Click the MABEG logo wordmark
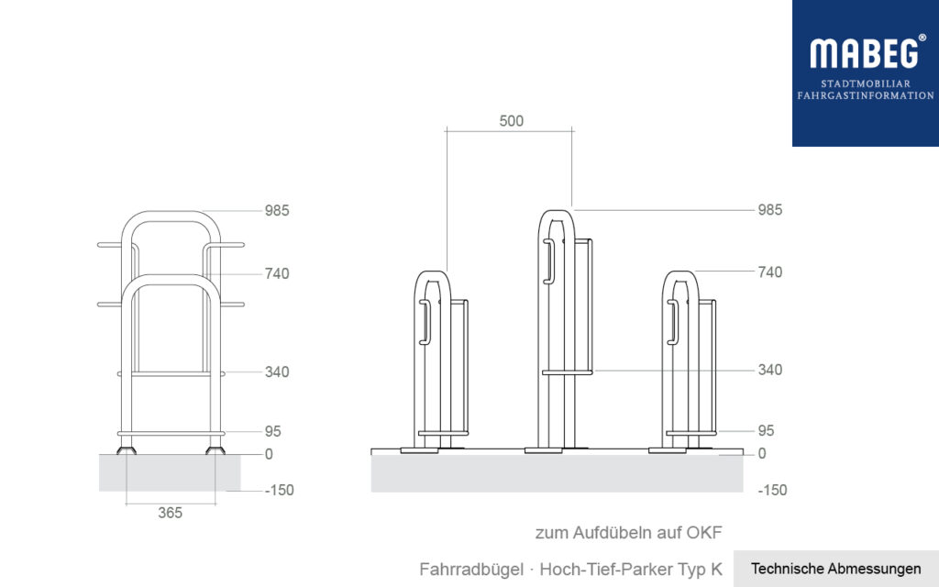(x=862, y=53)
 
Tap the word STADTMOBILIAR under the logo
(x=866, y=83)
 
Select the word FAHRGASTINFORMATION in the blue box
(x=866, y=95)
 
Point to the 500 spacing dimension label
(x=511, y=121)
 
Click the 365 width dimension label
(x=170, y=513)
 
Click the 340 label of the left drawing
(x=277, y=371)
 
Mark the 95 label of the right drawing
(x=766, y=430)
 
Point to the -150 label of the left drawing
(x=279, y=490)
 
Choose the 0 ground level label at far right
(x=762, y=453)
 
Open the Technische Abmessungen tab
(x=835, y=569)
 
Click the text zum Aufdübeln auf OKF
(x=623, y=532)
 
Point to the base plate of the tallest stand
(x=543, y=450)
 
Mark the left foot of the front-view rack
(x=127, y=450)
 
